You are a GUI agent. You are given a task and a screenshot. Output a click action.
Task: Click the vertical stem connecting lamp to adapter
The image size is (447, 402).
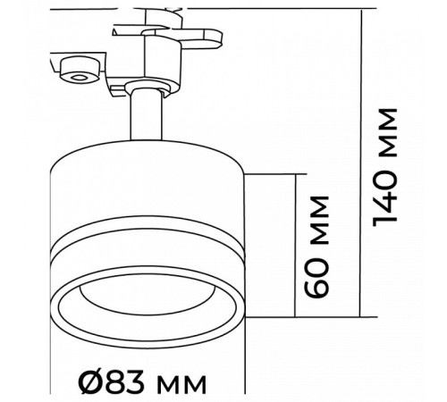click(x=147, y=114)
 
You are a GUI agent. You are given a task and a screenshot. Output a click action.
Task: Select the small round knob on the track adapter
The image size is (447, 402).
click(x=80, y=70)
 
